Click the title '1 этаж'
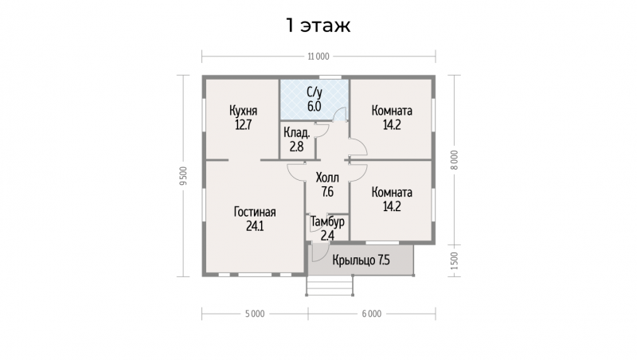[318, 25]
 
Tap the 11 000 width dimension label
[318, 57]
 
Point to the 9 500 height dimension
[184, 175]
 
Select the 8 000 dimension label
[454, 160]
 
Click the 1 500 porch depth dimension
[454, 261]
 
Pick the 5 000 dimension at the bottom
[255, 314]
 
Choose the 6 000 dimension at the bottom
[372, 314]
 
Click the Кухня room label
[243, 111]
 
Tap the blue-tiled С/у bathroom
[315, 100]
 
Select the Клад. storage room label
[296, 132]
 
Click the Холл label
[327, 178]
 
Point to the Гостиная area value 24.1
[255, 226]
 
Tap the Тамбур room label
[327, 222]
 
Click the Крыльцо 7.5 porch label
[361, 260]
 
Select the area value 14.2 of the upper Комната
[392, 125]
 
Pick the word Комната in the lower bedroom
[392, 192]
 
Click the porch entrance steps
[330, 286]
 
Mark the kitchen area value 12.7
[243, 125]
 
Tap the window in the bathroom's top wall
[330, 77]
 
